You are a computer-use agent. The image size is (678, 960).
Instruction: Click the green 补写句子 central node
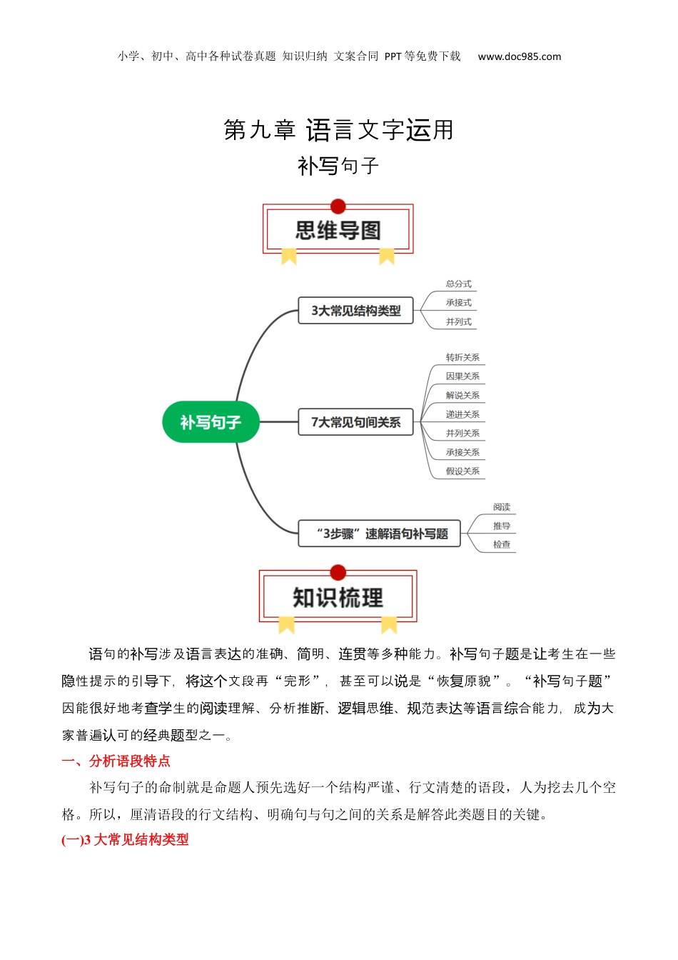click(211, 421)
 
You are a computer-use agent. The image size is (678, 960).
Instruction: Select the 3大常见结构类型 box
click(355, 310)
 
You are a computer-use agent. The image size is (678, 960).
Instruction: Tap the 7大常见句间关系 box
click(355, 422)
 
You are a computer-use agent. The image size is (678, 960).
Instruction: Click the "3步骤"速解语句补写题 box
click(379, 534)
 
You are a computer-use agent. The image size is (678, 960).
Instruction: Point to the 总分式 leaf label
click(458, 284)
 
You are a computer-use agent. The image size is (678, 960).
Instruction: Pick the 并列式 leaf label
click(458, 322)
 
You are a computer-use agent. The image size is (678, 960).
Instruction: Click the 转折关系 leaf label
click(462, 357)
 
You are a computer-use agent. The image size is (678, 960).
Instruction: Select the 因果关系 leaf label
click(462, 376)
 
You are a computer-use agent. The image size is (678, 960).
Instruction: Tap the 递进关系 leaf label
click(462, 414)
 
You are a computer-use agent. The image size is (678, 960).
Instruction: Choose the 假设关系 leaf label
click(462, 471)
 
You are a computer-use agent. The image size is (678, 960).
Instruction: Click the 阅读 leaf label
click(502, 507)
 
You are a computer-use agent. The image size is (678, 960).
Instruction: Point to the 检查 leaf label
click(502, 545)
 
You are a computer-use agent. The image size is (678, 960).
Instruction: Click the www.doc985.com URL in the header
click(519, 56)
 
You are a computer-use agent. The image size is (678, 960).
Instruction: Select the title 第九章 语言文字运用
click(338, 129)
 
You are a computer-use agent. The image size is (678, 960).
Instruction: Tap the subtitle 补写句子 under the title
click(338, 166)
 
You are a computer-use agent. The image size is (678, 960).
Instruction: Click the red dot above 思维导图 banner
click(338, 206)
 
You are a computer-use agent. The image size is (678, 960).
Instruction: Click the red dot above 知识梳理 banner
click(338, 572)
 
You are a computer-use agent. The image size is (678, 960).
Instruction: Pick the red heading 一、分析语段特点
click(116, 761)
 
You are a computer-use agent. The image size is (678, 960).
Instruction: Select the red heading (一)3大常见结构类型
click(125, 839)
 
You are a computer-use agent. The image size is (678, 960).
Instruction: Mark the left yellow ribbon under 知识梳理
click(286, 625)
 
